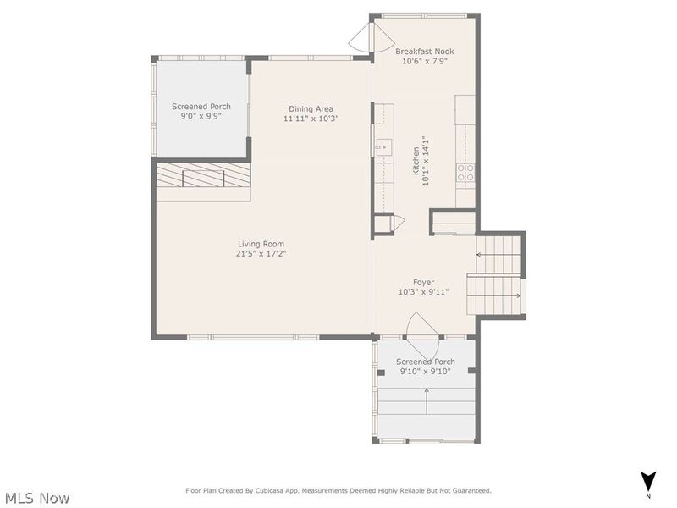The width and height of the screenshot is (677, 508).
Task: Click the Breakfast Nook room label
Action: coord(425,52)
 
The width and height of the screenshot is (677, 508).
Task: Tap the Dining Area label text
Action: coord(311,108)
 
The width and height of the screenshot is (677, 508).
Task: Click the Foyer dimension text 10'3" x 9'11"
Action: coord(423,292)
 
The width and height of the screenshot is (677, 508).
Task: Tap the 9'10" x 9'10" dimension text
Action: coord(426,371)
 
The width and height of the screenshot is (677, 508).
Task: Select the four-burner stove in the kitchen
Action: coord(465,173)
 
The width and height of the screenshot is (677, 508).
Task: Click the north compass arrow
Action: coord(647,480)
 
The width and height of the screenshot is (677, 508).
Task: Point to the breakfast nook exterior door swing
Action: coord(362,37)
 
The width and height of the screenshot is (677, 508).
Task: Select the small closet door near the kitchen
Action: coord(396,224)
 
